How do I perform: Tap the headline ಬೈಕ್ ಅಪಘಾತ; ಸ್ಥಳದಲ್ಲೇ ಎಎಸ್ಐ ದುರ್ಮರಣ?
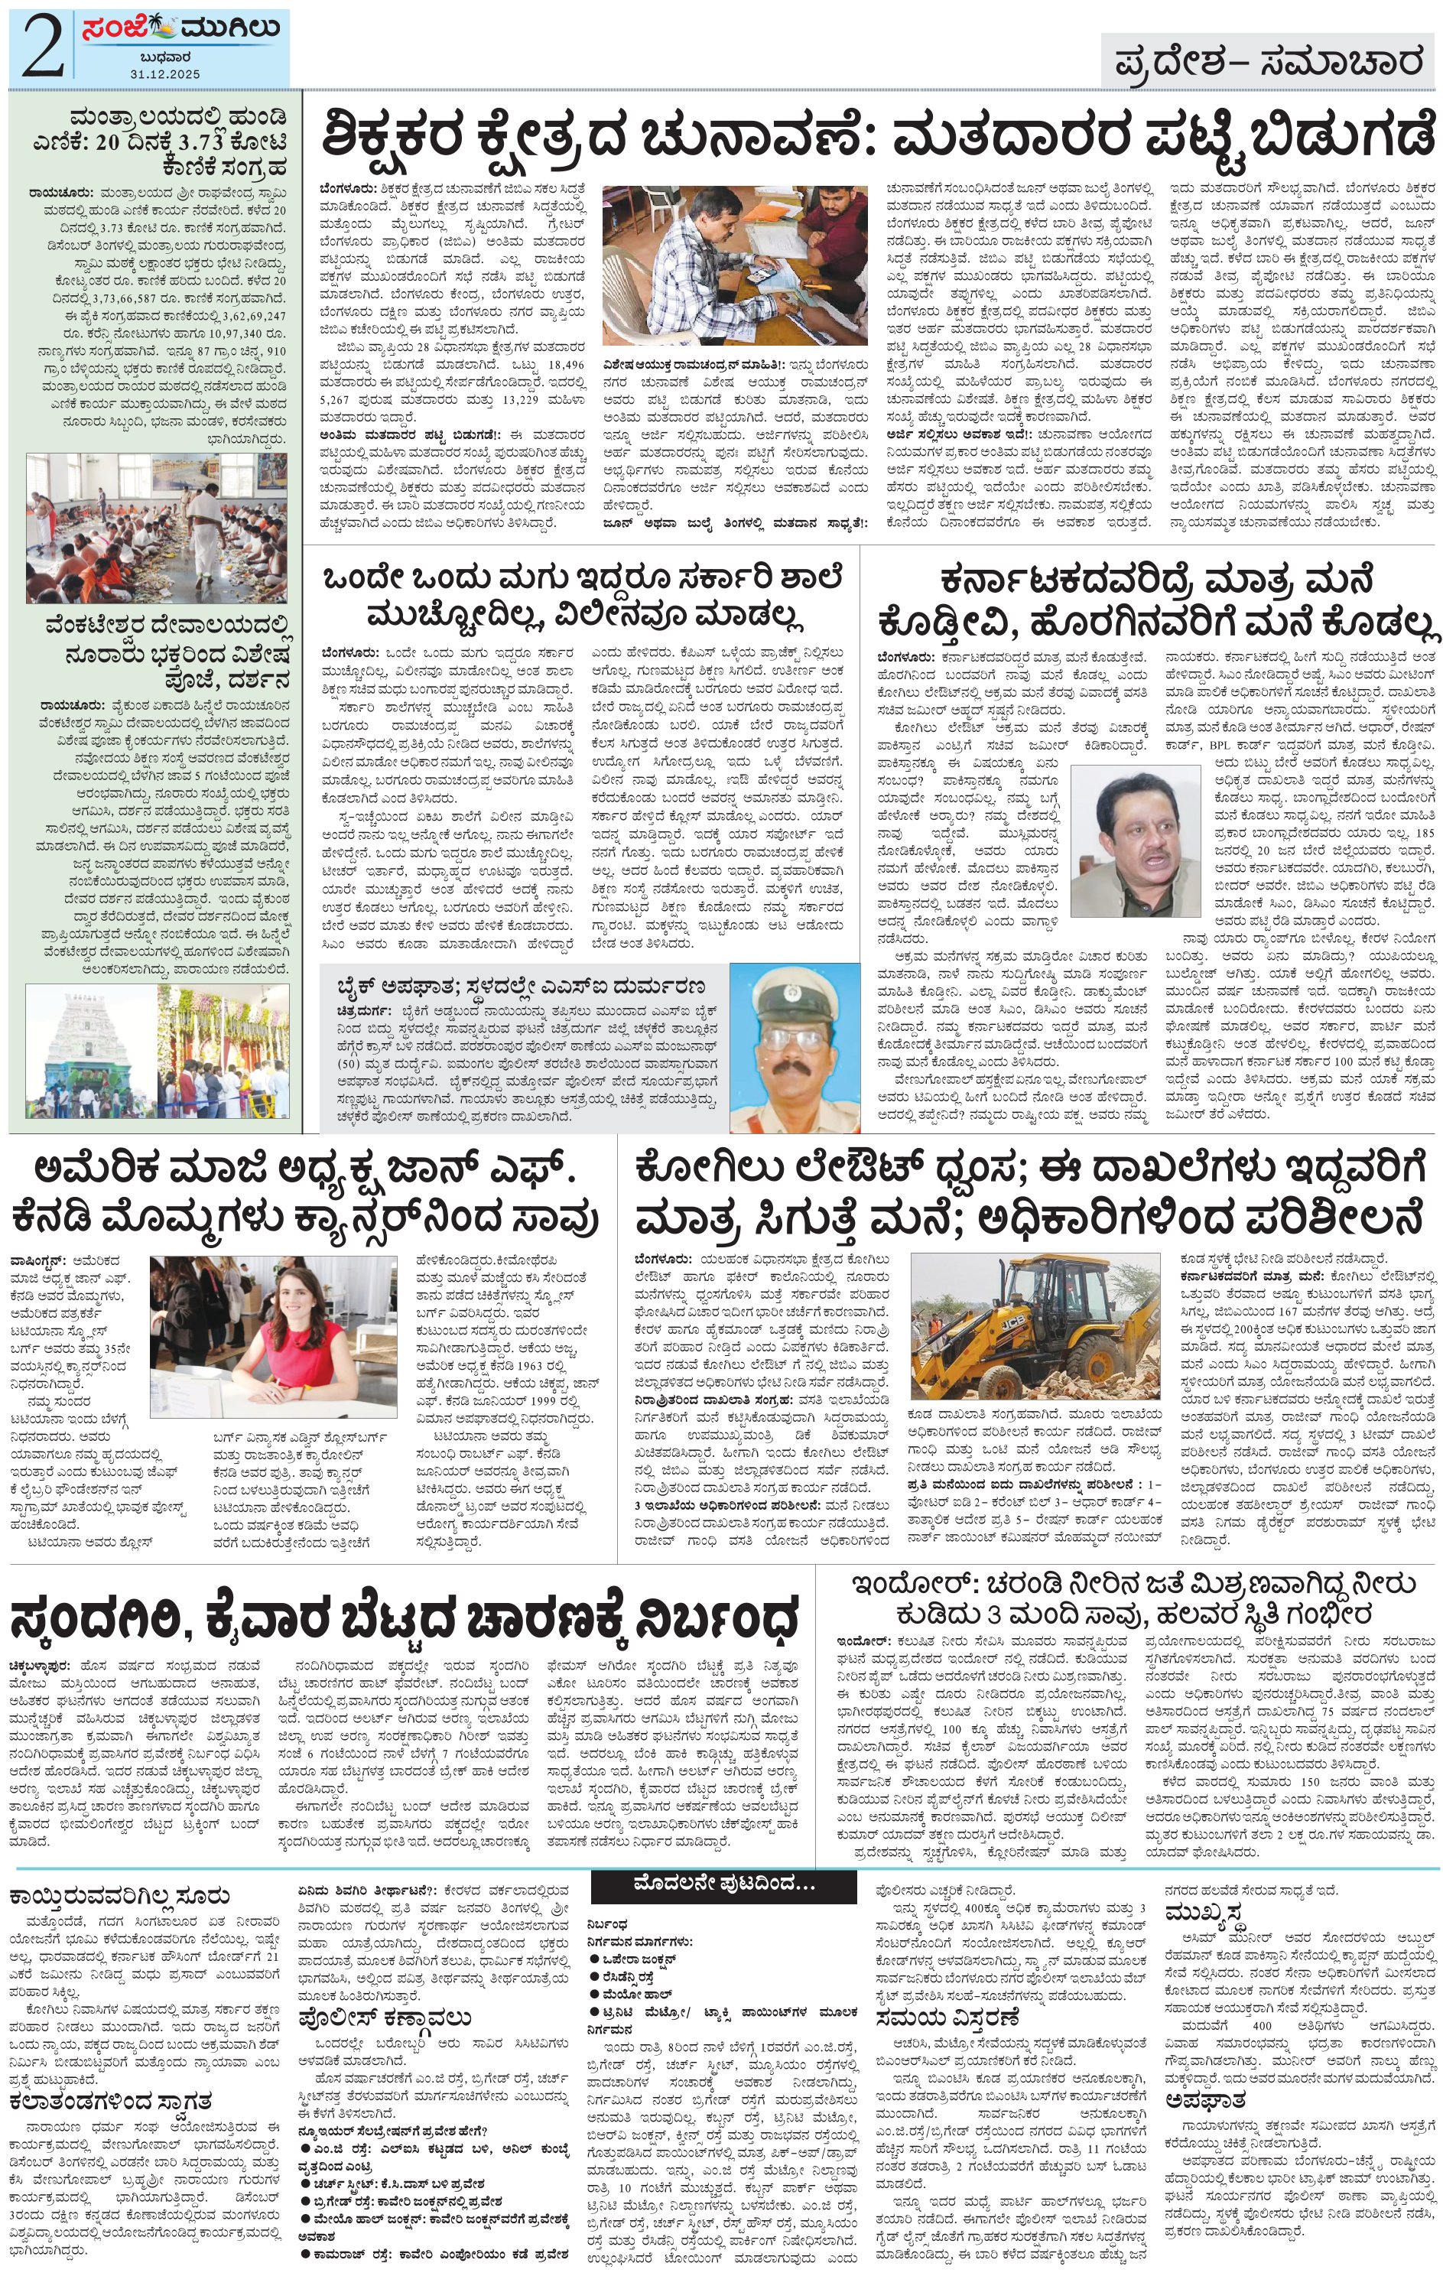pos(521,987)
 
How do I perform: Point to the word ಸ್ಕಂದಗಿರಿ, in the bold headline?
pos(113,1623)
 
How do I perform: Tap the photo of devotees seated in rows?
pos(157,528)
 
